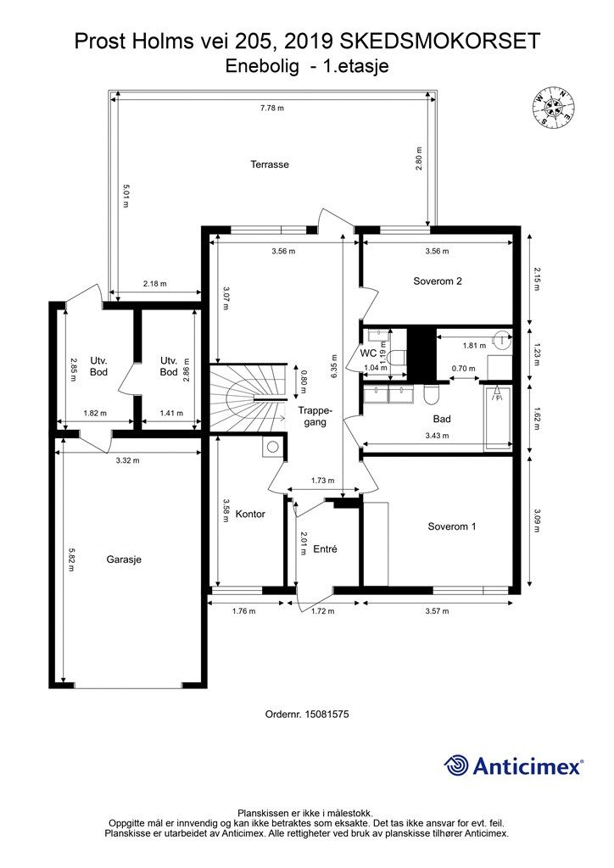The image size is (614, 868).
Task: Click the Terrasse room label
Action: (x=270, y=164)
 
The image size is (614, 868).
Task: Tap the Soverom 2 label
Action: (x=438, y=281)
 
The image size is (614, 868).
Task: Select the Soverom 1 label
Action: (x=452, y=526)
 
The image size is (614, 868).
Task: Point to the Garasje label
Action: (x=124, y=559)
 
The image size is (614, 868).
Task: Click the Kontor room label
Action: (x=250, y=515)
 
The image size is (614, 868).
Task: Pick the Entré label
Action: (x=325, y=549)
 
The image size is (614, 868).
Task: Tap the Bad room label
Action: (x=442, y=419)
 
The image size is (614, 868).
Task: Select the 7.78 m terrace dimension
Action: (x=272, y=108)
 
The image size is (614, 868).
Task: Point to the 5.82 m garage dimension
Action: (x=71, y=559)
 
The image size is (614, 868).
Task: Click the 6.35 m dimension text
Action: (x=334, y=366)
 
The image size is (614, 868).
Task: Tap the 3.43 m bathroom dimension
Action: (x=437, y=436)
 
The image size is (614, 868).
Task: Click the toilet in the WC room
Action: (x=396, y=356)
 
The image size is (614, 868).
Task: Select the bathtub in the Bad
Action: (x=499, y=419)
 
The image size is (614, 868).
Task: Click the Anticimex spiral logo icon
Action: (x=456, y=765)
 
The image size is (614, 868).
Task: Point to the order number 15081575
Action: (x=307, y=715)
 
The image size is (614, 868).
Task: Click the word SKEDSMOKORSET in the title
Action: (x=439, y=42)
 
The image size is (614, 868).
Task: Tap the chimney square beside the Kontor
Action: (x=273, y=448)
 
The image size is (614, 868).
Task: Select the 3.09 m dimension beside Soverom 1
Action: (x=536, y=520)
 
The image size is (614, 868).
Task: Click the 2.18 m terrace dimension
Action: (x=155, y=284)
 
